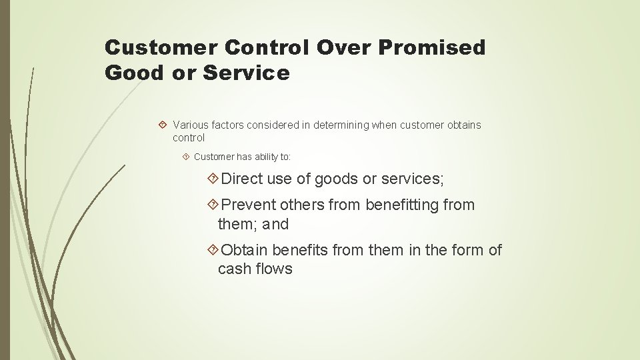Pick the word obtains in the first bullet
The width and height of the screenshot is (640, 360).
[x=462, y=125]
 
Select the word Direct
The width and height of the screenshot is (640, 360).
[x=243, y=179]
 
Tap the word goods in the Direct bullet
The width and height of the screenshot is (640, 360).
[x=336, y=179]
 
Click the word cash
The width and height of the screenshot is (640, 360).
[x=234, y=269]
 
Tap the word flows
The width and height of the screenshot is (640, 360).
[x=273, y=269]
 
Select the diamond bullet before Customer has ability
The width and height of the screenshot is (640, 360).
[x=186, y=157]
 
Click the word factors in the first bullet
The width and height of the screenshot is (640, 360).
[x=227, y=125]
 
